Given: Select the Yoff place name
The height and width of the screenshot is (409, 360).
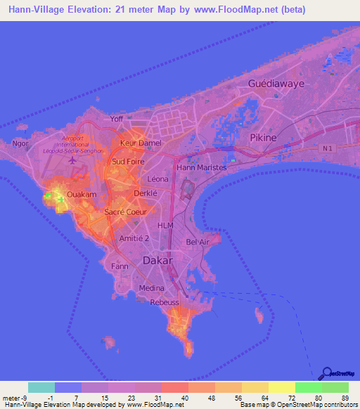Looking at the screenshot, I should (117, 119).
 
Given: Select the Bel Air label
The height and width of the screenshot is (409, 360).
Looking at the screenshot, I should (198, 242).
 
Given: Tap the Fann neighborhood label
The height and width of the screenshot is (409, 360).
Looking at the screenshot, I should (119, 266).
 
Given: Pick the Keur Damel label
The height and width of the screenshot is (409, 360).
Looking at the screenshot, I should (141, 143).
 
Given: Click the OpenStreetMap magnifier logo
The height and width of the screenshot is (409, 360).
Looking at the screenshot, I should (325, 373).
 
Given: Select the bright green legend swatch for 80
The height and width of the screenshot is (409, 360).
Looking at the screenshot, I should (308, 387).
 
